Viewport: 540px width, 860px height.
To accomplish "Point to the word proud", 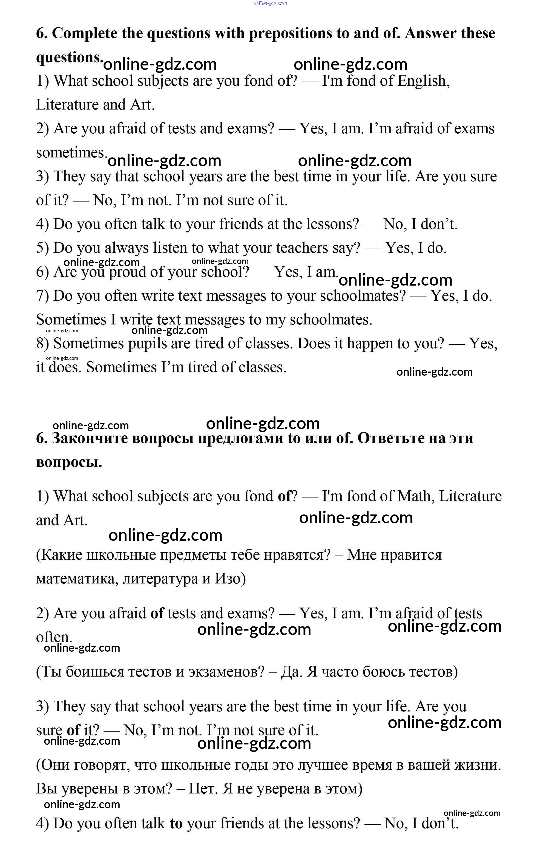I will [x=127, y=272].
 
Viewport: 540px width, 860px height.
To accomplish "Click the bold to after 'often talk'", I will [x=176, y=824].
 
